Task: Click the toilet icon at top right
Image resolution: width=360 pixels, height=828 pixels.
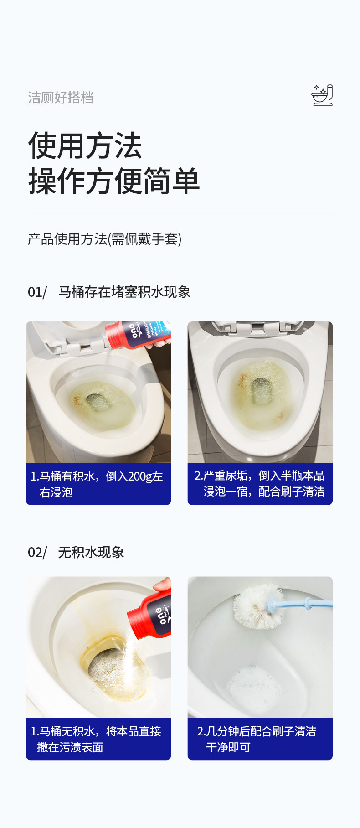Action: (x=322, y=95)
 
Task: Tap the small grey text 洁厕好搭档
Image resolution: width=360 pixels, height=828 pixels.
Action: (x=61, y=98)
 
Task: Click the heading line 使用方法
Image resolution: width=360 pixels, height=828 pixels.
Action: (x=85, y=146)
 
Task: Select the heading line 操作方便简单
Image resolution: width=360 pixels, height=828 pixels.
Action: (x=114, y=181)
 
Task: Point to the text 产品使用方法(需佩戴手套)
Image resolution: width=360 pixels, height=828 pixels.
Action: (x=104, y=239)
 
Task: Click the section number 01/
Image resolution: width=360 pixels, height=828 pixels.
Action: (x=37, y=292)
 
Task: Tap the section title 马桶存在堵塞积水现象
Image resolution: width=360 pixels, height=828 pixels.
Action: (x=124, y=292)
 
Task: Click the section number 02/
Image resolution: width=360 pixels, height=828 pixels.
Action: (x=37, y=553)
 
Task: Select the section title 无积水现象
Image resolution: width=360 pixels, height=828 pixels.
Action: (x=91, y=553)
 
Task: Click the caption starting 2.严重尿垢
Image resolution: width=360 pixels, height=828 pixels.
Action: (x=260, y=483)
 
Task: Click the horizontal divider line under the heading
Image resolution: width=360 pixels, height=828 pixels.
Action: (x=180, y=212)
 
